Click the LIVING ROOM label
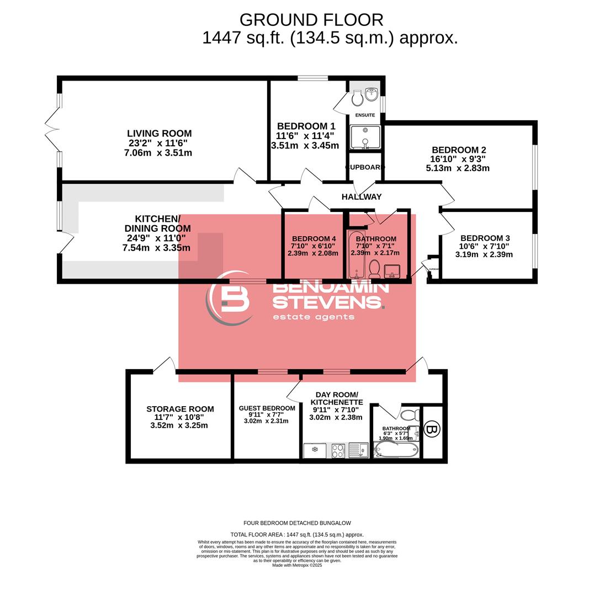click(159, 134)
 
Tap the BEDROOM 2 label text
click(459, 150)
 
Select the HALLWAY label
click(362, 196)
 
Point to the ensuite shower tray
click(365, 137)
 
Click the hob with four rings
click(338, 450)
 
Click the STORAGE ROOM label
click(180, 409)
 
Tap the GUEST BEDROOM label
click(267, 408)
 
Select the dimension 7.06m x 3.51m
click(158, 153)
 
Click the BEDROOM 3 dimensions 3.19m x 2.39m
click(484, 254)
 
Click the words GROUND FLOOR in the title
click(311, 20)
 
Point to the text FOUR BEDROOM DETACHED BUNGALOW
click(297, 523)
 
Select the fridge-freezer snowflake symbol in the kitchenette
click(315, 450)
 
